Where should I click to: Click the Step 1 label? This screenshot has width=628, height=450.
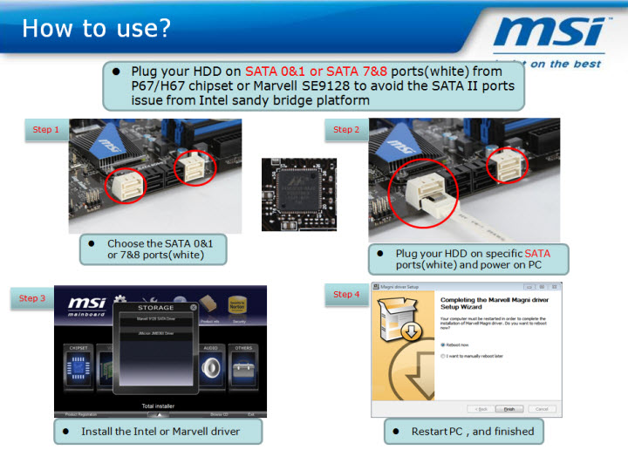coord(46,130)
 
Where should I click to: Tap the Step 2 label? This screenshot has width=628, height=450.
coord(346,130)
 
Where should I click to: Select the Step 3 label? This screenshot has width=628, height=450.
coord(34,298)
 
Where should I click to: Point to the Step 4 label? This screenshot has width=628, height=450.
coord(346,294)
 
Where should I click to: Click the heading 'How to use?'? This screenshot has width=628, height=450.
coord(96,28)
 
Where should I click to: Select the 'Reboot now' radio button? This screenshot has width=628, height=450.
coord(442,344)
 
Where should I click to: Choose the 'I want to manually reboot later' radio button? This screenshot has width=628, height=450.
coord(442,356)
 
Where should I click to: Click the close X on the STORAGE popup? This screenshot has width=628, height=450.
coord(204,306)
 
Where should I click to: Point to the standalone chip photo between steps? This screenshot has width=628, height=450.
coord(299,194)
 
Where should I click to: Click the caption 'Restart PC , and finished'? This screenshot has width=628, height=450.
coord(461,431)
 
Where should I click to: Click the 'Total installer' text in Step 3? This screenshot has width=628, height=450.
coord(160,406)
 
